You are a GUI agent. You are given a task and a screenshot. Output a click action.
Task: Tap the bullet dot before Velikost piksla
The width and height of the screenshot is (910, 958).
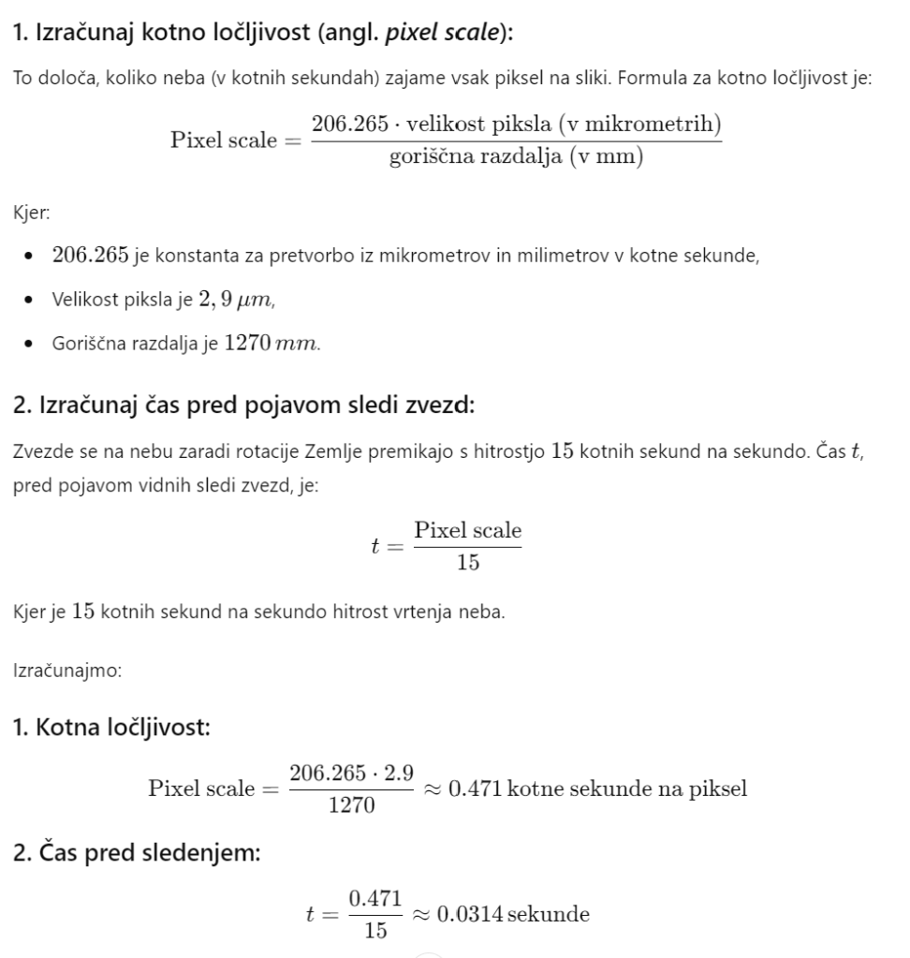click(34, 301)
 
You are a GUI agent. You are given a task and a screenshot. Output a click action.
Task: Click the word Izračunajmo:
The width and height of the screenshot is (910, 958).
click(56, 671)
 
